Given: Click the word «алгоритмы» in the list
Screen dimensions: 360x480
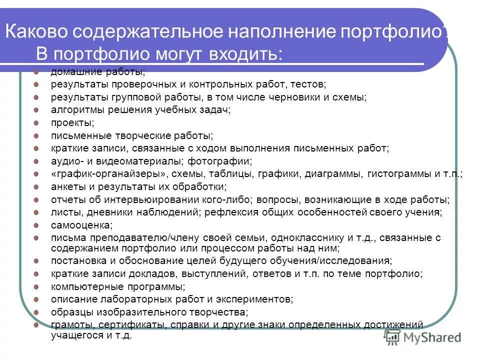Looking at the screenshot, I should coord(73,109).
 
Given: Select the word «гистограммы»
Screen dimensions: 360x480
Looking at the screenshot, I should coord(398,174).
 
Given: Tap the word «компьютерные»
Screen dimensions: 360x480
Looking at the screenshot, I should coord(81,286).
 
